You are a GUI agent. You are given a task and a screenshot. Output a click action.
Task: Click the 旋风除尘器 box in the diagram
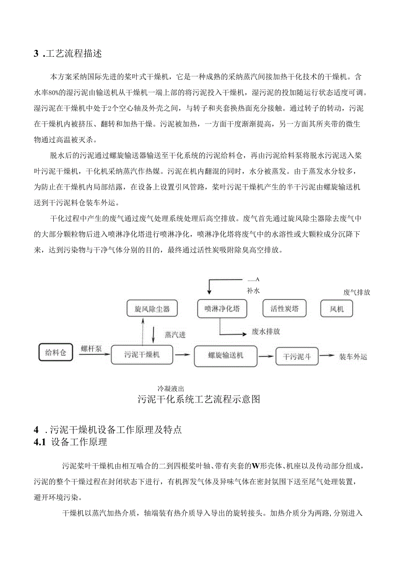tap(148, 310)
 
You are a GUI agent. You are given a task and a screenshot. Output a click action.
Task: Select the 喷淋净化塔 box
tap(219, 309)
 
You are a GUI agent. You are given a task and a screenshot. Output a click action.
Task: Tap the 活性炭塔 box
tap(284, 309)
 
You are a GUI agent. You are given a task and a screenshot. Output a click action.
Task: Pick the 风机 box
tap(337, 309)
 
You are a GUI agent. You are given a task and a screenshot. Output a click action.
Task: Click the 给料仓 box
tap(55, 353)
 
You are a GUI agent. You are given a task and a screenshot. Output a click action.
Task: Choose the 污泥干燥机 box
tap(142, 355)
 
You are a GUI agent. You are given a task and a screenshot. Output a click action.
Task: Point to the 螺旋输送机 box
tap(225, 355)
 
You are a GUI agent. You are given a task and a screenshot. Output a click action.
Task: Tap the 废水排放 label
tap(266, 332)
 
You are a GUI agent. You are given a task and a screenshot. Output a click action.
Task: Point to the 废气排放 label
tap(357, 292)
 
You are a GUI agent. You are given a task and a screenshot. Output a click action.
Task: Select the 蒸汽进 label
tap(175, 335)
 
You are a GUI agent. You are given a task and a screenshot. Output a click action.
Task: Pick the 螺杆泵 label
tap(91, 348)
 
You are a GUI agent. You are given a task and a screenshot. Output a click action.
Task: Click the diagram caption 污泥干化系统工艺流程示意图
tap(199, 399)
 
